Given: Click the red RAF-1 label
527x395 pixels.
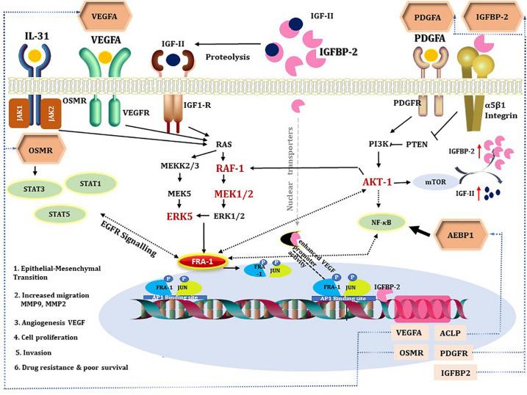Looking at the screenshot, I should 234,168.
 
